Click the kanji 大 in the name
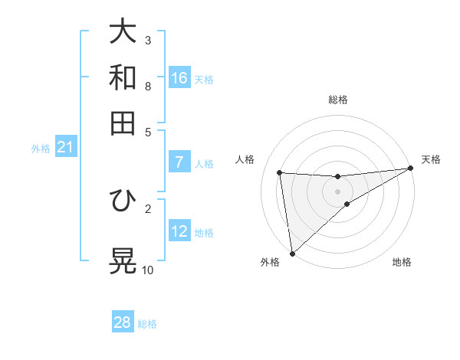123,32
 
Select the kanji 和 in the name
123,77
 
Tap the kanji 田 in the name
123,123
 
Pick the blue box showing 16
179,78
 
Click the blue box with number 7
179,162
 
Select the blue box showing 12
179,231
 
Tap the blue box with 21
65,148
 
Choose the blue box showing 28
123,322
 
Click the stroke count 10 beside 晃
148,270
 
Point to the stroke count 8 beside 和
148,86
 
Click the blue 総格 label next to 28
147,324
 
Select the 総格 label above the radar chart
337,100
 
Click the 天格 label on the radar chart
431,159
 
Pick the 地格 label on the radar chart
402,262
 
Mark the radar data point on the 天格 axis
412,169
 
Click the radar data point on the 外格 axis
292,253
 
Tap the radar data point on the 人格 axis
280,172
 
